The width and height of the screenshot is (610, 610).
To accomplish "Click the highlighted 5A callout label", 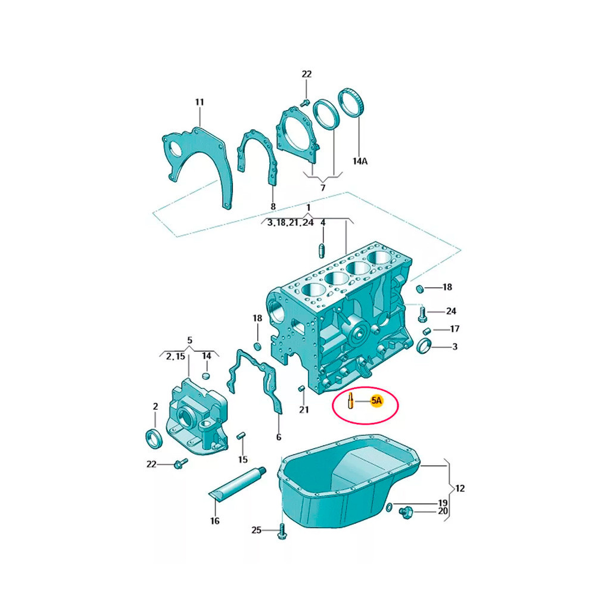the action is (x=376, y=400).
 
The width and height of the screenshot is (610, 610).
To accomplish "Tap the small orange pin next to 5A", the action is (x=351, y=401).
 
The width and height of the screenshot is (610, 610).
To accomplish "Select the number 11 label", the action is (x=199, y=102).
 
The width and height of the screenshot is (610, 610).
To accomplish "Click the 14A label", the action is (x=360, y=161).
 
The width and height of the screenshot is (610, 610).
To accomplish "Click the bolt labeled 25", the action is (x=282, y=531).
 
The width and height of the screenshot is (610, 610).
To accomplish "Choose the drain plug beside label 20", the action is (x=405, y=513).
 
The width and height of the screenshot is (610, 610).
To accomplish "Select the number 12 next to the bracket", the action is (x=460, y=488).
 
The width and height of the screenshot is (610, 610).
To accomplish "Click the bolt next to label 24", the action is (x=422, y=313).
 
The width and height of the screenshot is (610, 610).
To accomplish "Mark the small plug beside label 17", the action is (x=427, y=331).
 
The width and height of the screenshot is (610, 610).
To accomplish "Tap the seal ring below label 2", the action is (x=154, y=438).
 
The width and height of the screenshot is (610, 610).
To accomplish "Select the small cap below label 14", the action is (x=206, y=375).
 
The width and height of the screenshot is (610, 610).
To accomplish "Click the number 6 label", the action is (x=279, y=437).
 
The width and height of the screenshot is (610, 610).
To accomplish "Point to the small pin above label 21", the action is (x=301, y=388).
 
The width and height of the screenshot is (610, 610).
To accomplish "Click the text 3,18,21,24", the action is (x=290, y=223).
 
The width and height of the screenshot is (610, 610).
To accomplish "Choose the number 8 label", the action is (x=273, y=207).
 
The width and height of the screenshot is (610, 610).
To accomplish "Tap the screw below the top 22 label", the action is (x=305, y=102).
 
